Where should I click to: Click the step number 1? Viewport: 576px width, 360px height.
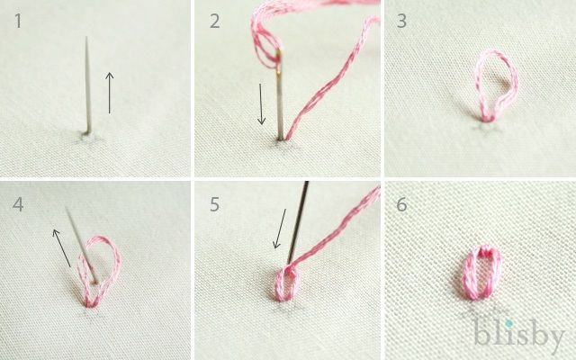(x=18, y=21)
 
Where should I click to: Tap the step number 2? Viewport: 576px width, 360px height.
(x=215, y=22)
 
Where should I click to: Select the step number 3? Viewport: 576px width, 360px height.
(x=402, y=22)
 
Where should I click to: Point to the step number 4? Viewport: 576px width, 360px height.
(x=18, y=204)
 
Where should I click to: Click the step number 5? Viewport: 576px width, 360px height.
(x=215, y=204)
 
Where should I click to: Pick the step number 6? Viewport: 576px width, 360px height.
(x=402, y=204)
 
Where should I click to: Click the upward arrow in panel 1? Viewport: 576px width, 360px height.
(x=110, y=93)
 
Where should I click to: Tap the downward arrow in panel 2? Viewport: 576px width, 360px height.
(x=261, y=104)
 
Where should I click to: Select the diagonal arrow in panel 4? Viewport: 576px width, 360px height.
(x=61, y=248)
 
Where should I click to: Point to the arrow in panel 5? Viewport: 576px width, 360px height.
(x=280, y=229)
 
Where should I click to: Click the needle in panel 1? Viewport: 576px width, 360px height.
(x=88, y=85)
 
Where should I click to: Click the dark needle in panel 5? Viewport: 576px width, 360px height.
(x=298, y=222)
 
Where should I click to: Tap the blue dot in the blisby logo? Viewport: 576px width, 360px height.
(x=508, y=324)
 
